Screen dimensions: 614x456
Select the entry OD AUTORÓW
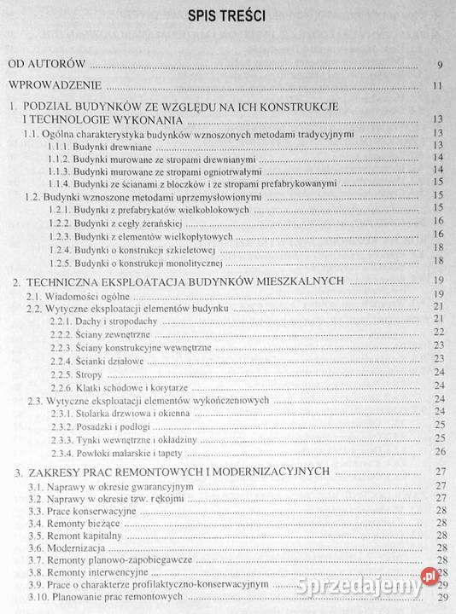coord(50,64)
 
